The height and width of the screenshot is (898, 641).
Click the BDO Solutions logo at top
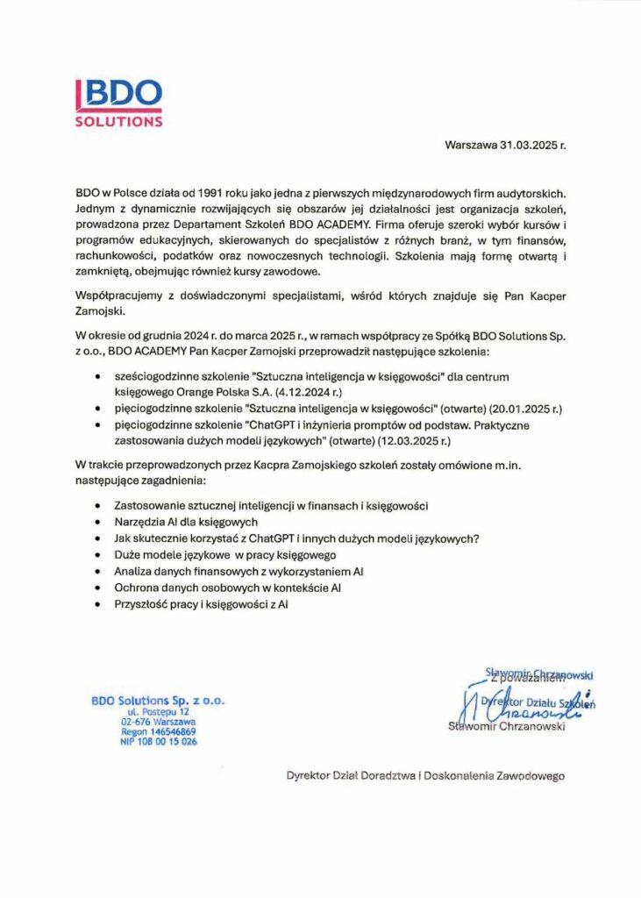(x=118, y=103)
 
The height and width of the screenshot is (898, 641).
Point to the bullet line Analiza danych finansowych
(x=239, y=572)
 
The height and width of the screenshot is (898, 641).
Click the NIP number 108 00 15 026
(x=158, y=741)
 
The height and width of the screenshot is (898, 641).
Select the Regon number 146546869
(x=158, y=731)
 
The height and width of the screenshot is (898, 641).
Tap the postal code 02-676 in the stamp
(x=136, y=722)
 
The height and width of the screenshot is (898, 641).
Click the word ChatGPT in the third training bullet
(x=269, y=425)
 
